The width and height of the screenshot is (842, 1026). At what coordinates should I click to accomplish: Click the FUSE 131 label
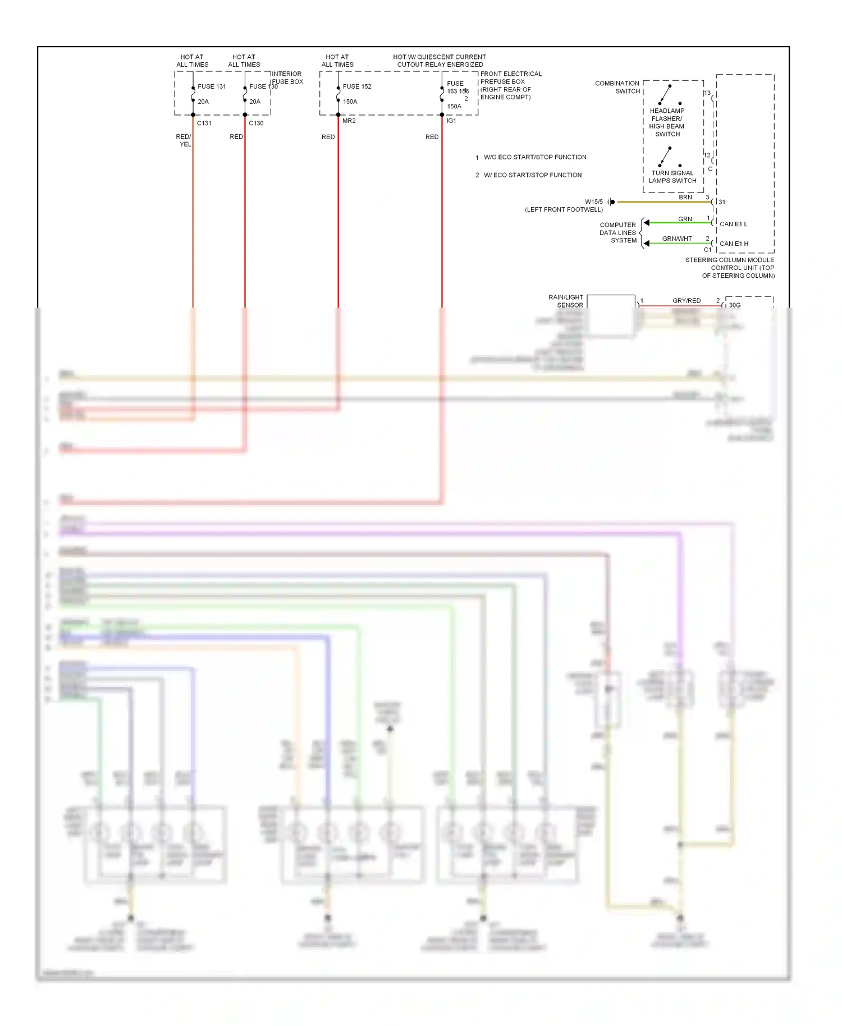[x=212, y=86]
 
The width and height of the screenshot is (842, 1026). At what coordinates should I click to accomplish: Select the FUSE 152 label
[x=357, y=86]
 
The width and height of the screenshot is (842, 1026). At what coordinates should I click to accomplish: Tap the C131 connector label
[x=204, y=123]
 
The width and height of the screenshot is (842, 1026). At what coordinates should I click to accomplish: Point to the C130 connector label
[x=256, y=123]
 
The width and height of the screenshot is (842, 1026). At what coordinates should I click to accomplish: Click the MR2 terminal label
[x=349, y=121]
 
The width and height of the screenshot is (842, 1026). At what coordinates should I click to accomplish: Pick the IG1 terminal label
[x=451, y=121]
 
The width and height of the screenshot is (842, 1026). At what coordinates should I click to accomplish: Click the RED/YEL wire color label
[x=184, y=140]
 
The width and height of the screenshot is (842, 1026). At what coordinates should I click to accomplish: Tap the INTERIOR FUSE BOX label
[x=287, y=77]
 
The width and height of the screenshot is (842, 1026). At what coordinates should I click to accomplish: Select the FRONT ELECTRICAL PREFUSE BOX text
[x=511, y=77]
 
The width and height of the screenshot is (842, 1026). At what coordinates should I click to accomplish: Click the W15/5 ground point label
[x=593, y=201]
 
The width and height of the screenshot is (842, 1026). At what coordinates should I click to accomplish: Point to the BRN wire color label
[x=685, y=197]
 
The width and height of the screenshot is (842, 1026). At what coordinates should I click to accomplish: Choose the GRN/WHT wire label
[x=677, y=239]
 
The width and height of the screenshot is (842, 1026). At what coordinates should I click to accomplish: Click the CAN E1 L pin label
[x=733, y=224]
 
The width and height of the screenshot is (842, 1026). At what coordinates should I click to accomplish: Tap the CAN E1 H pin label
[x=734, y=244]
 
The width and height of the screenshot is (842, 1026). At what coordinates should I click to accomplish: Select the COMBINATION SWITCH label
[x=617, y=87]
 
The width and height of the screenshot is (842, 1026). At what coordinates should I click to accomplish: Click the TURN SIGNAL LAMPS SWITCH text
[x=672, y=177]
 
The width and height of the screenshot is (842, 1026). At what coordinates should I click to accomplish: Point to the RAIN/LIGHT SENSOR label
[x=566, y=301]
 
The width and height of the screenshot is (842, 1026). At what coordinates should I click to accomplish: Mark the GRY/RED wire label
[x=687, y=301]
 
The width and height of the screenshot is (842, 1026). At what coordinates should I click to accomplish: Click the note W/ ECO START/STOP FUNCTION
[x=532, y=175]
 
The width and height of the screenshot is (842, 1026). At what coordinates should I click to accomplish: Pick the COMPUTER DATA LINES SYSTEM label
[x=618, y=232]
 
